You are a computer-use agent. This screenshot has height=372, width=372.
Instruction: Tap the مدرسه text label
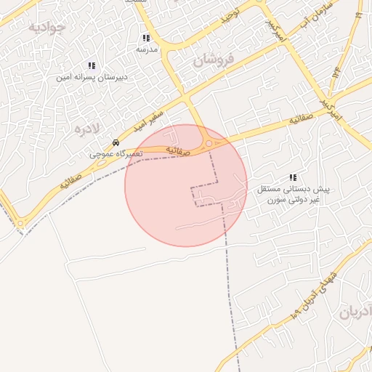tap(147, 49)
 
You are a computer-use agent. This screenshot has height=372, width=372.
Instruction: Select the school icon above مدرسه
tap(147, 38)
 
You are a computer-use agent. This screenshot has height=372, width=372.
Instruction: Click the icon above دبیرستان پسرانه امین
tap(92, 65)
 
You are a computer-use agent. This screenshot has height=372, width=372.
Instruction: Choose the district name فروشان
tap(215, 59)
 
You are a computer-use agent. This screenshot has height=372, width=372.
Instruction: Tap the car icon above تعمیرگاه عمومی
tap(116, 142)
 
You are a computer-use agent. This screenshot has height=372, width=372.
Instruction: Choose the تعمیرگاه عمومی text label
tap(116, 154)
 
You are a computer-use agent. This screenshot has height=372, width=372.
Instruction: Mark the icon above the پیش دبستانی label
tap(293, 177)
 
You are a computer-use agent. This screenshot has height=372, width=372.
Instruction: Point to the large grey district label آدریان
tap(355, 313)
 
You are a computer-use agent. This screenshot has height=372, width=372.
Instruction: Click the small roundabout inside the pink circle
tap(209, 143)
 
